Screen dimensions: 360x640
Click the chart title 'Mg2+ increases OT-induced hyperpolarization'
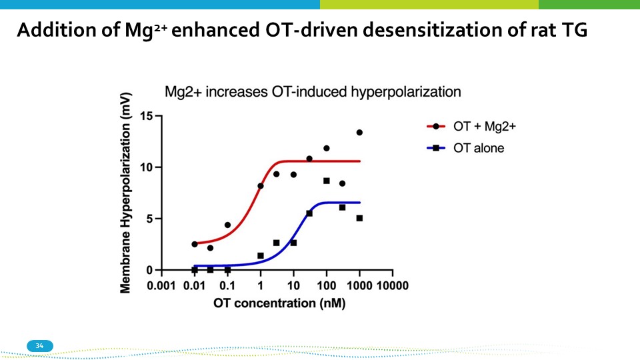coord(313,91)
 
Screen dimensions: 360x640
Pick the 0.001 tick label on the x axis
coord(161,285)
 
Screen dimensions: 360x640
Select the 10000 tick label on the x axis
coord(392,285)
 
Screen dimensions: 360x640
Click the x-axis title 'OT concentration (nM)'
coord(279,303)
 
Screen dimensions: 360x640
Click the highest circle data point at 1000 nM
coord(359,133)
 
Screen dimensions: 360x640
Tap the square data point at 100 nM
coord(327,181)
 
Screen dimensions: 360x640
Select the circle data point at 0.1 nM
coord(227,225)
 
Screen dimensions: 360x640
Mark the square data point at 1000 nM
coord(359,218)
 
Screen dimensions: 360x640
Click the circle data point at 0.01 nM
coord(195,244)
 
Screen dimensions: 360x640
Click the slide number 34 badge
coord(39,345)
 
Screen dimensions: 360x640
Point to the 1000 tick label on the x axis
coord(359,285)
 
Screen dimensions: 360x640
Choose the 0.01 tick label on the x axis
coord(194,285)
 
